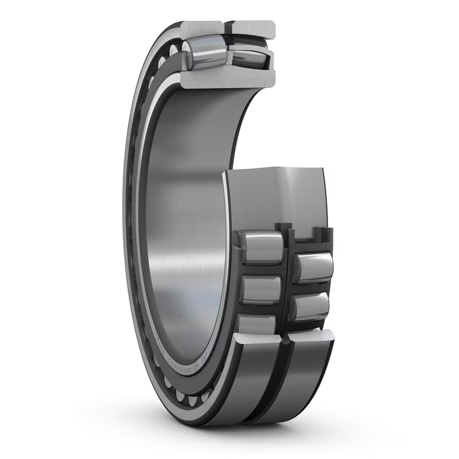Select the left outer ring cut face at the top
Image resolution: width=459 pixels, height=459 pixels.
[x=201, y=27]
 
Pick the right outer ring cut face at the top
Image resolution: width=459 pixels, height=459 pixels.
[x=253, y=28]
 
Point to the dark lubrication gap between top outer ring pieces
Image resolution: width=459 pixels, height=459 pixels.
[x=227, y=27]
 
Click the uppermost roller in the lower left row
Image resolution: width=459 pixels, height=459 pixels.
[x=261, y=247]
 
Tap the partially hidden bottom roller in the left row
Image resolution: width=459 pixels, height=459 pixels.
[x=256, y=324]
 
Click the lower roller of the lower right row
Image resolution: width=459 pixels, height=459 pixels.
[x=310, y=307]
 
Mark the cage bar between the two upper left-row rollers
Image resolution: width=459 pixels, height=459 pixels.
[x=261, y=269]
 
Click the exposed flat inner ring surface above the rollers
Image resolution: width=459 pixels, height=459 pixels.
[x=275, y=195]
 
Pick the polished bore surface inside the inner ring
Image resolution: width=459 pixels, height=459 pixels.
[x=184, y=229]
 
